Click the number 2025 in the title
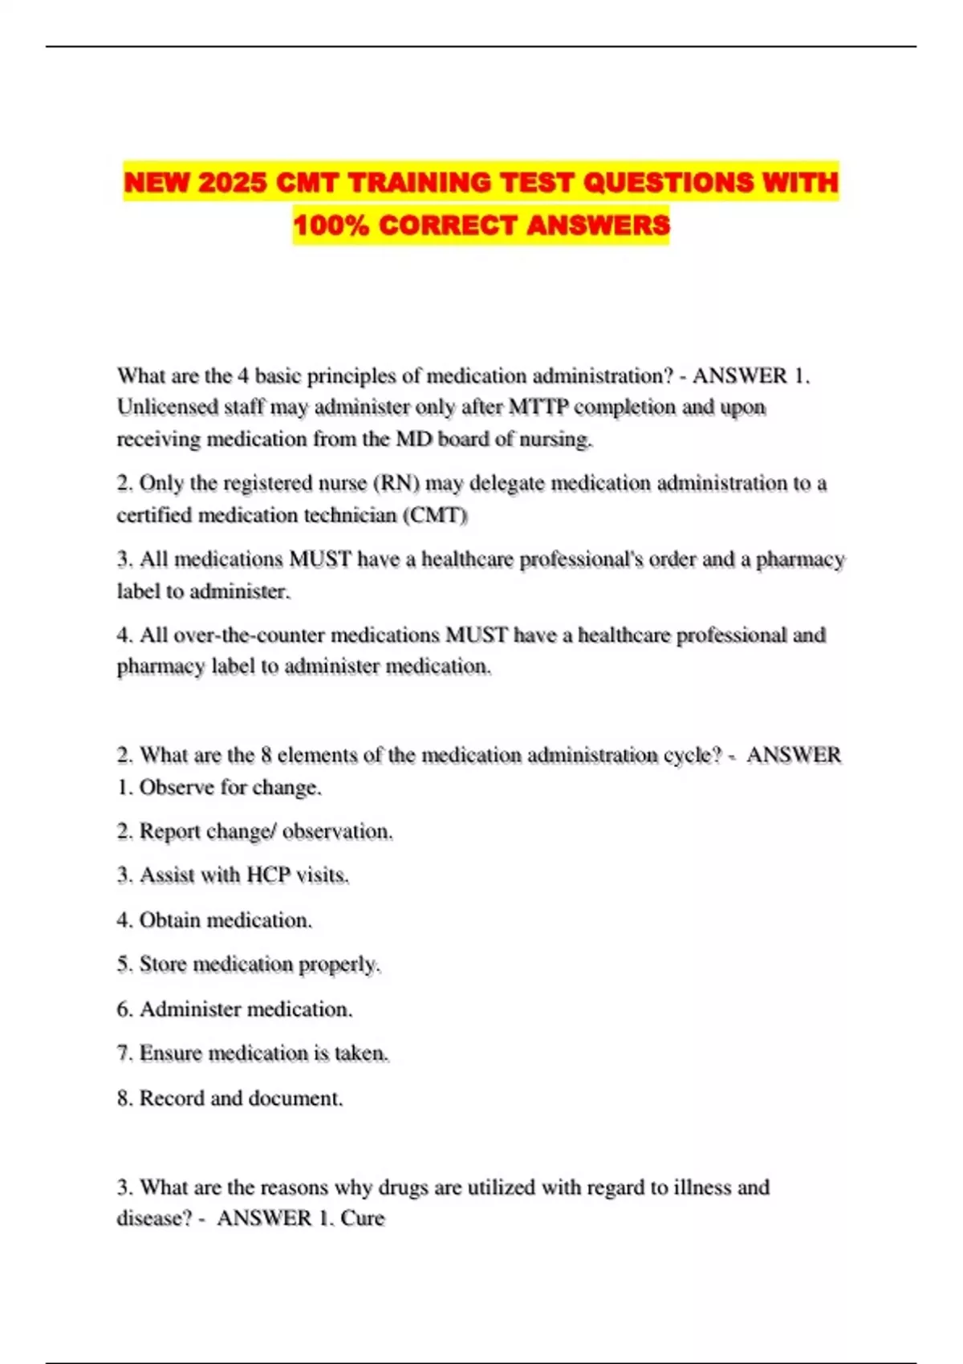tap(231, 183)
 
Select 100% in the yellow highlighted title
tap(331, 225)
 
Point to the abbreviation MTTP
tap(538, 408)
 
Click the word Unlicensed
tap(167, 408)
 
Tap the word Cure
tap(363, 1218)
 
